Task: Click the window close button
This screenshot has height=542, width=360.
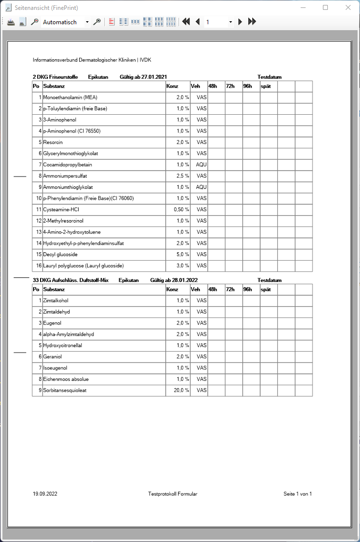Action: coord(348,7)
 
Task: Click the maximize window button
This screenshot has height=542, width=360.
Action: coord(325,7)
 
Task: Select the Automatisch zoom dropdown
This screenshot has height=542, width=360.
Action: coord(65,22)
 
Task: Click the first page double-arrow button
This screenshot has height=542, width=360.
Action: coord(186,22)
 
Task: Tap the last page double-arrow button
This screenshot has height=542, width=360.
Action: coord(252,22)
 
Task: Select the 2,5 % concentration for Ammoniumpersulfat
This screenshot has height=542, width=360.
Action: coord(182,176)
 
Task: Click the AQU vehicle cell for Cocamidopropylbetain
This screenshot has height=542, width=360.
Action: coord(201,165)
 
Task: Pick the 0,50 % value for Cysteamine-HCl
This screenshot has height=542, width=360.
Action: coord(181,210)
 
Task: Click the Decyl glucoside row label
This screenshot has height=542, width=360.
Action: coord(60,255)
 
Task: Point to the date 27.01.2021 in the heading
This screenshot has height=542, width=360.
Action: coord(154,77)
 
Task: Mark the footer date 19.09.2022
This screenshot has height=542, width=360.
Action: coord(45,494)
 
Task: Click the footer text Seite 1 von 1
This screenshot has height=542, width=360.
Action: coord(298,494)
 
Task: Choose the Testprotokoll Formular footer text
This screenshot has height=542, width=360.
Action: coord(173,494)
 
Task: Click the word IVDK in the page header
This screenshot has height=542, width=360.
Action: coord(145,60)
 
